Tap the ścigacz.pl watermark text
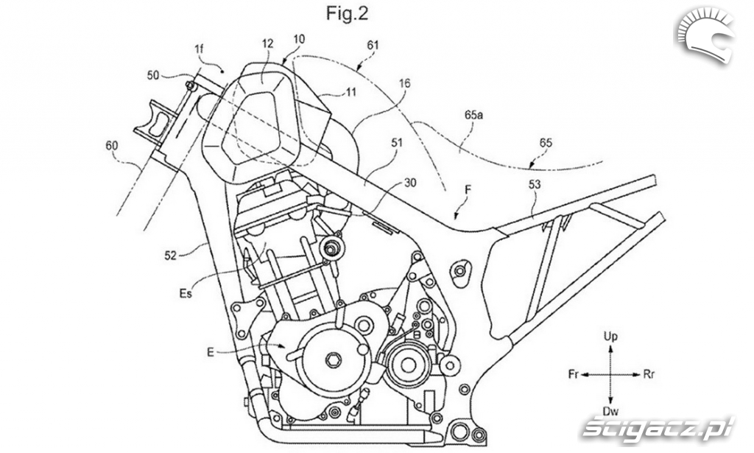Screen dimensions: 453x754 (x=658, y=425)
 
